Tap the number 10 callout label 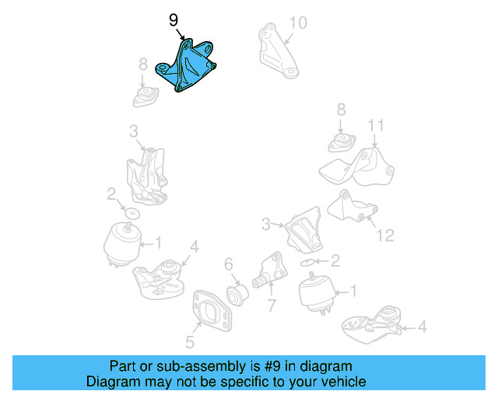coord(298,23)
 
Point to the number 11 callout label coord(376,126)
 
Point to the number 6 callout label coord(228,265)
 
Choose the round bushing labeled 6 coord(238,295)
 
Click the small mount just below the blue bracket coord(145,97)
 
